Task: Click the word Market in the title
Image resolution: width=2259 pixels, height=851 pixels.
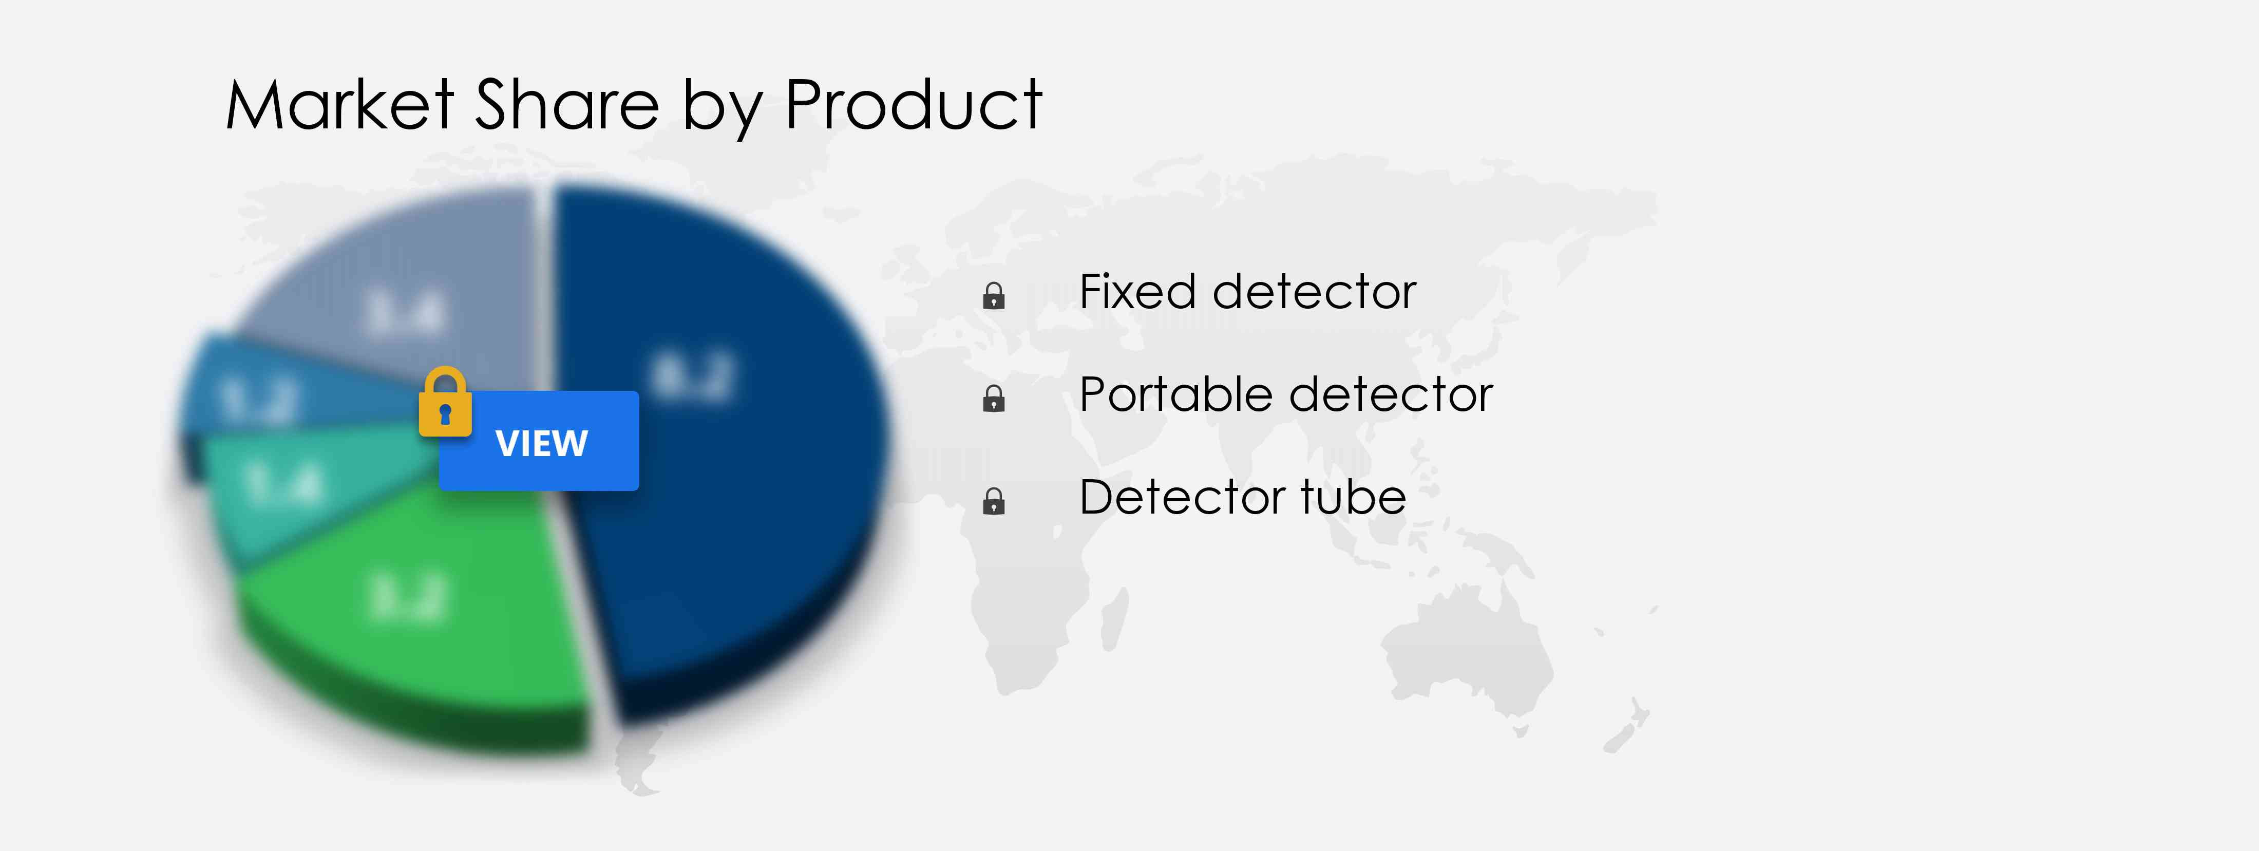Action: pyautogui.click(x=339, y=105)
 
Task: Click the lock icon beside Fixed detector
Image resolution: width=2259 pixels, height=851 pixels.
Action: pyautogui.click(x=994, y=296)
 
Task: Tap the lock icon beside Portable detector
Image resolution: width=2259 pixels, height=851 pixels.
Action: pyautogui.click(x=994, y=399)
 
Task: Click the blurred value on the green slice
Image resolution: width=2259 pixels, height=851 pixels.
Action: pyautogui.click(x=408, y=597)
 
